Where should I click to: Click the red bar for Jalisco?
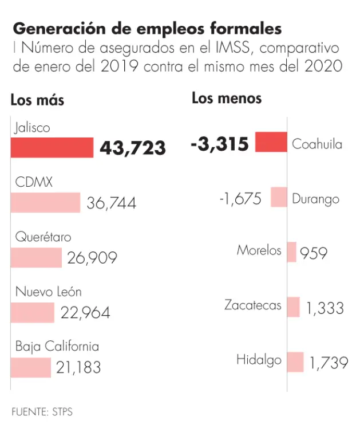click(x=52, y=147)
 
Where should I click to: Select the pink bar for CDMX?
click(x=45, y=202)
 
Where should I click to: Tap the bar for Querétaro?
click(x=36, y=257)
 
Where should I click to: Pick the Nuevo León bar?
click(x=32, y=312)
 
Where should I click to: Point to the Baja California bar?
click(x=30, y=367)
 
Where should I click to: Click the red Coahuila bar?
click(x=271, y=142)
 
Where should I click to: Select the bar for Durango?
click(x=279, y=197)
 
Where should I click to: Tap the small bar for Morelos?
click(x=291, y=252)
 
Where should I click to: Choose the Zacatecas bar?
click(x=293, y=307)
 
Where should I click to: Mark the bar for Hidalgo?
click(x=295, y=362)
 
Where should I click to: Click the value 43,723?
click(x=133, y=148)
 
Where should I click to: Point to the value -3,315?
click(x=220, y=144)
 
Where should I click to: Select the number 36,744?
click(x=112, y=203)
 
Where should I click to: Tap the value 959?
click(x=314, y=253)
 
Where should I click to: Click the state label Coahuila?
click(x=317, y=144)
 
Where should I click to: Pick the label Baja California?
click(x=57, y=347)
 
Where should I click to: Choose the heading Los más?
click(x=37, y=100)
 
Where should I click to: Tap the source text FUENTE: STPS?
click(x=42, y=411)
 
